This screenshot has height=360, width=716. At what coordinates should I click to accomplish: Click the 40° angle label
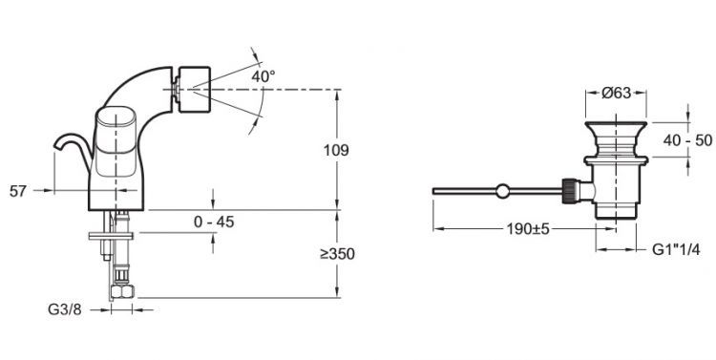click(263, 76)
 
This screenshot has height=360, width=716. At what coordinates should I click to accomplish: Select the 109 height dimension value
click(336, 150)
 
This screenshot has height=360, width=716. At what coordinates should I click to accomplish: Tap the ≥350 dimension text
click(337, 254)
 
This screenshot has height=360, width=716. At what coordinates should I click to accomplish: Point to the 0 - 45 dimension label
click(214, 222)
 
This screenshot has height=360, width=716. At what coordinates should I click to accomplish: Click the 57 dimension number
click(18, 191)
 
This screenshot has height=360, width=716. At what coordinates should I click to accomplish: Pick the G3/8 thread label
click(64, 309)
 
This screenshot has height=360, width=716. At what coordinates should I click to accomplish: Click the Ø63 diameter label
click(616, 94)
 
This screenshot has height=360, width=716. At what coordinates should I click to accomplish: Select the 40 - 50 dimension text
click(687, 140)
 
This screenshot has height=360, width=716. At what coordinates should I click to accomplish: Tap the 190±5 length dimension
click(527, 228)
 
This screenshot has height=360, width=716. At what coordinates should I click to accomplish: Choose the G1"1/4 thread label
click(676, 249)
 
